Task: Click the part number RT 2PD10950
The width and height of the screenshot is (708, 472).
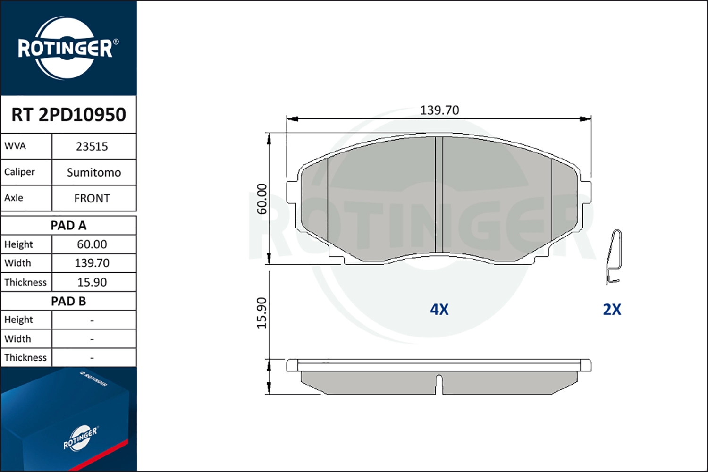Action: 68,114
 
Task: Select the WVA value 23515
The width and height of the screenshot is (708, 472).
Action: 92,147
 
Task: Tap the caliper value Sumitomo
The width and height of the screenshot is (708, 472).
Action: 94,173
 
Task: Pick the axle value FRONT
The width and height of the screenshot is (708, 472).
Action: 92,199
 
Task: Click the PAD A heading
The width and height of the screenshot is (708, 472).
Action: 68,226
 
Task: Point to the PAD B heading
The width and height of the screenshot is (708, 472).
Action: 68,301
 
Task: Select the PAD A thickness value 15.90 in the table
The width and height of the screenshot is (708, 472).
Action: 92,282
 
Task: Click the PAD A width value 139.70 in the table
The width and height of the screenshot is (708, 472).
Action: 92,263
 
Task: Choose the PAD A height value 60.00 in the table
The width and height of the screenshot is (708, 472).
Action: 92,244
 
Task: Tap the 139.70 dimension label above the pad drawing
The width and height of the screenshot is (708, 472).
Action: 439,110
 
